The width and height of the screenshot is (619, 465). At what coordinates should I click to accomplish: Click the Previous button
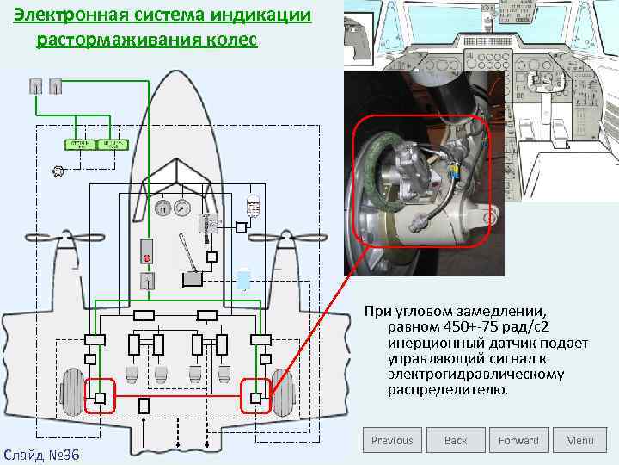pos(392,440)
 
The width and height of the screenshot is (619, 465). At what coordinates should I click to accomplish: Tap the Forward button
pos(518,440)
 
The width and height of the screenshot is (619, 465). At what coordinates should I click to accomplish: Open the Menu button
pos(579,440)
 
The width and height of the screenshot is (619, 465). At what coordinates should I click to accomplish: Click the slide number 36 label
pos(41,454)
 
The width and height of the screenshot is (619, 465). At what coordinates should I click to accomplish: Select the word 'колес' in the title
pos(230,40)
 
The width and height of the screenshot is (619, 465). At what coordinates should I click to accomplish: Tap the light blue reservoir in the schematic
pos(244,280)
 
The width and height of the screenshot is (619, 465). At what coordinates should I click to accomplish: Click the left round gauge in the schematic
pos(162,208)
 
